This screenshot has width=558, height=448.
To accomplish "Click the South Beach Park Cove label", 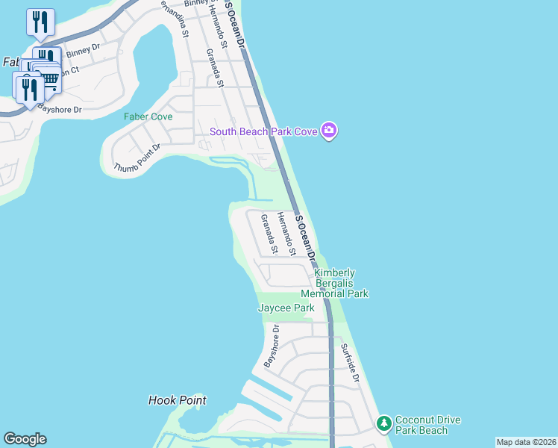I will point(264,132).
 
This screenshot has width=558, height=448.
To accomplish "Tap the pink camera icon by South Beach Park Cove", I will point(330,131).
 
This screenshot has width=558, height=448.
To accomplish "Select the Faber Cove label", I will point(148,116).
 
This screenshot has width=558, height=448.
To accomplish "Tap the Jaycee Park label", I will point(286,308).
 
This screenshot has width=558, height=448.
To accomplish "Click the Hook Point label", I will point(177,400).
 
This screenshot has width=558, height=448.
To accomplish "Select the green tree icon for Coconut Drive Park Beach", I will point(384,423).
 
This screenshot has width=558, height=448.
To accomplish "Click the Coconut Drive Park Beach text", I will point(421,425).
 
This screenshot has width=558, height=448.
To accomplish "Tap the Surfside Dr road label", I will point(351,363).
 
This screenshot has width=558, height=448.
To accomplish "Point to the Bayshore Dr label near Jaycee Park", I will point(271,346).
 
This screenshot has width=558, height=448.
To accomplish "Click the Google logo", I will point(25,439).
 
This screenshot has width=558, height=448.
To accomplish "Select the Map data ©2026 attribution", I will point(525,442).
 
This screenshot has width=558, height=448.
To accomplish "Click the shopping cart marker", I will point(49,78).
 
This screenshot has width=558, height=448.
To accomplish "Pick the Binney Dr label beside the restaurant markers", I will point(82,51).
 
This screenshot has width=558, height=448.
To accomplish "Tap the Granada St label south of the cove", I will point(269,234).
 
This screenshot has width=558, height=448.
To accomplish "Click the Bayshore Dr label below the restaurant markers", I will point(60,108).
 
